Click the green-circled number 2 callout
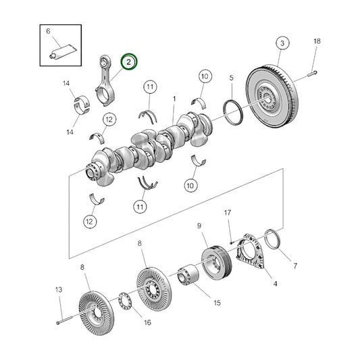[128, 62]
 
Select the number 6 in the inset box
[48, 32]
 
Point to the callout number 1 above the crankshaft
[174, 99]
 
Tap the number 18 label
[317, 42]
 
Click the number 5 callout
[231, 78]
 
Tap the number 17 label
[228, 214]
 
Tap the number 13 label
[58, 289]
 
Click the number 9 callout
[199, 226]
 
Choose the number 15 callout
[217, 303]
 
